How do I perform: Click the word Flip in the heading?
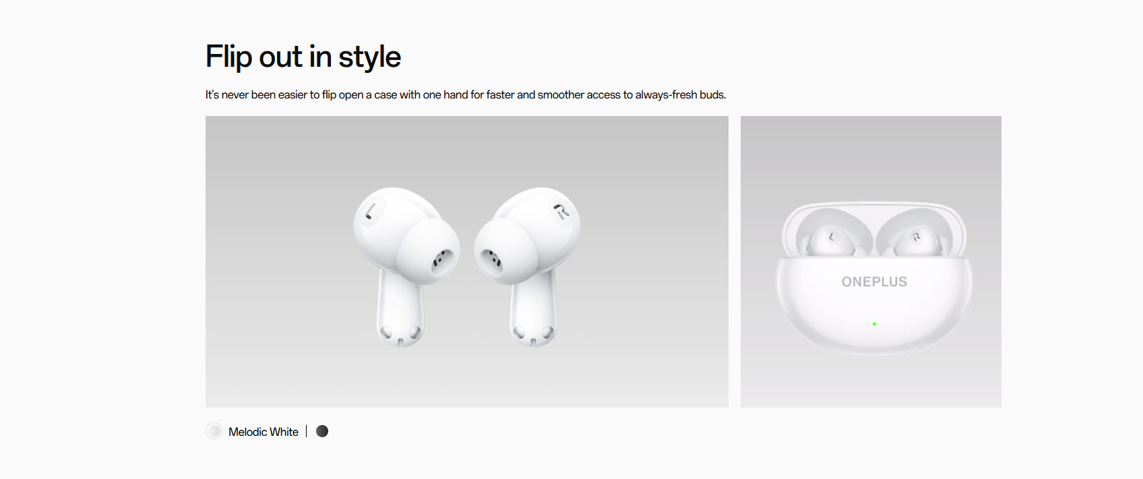[x=228, y=56]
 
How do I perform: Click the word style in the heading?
[x=369, y=56]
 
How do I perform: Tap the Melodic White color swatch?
[x=214, y=431]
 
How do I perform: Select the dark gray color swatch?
[x=322, y=432]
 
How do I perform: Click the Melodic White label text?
[x=264, y=432]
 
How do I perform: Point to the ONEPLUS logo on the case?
[x=874, y=282]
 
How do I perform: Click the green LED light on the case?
[x=875, y=324]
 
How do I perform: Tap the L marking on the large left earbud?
[x=371, y=211]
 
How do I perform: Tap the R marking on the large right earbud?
[x=562, y=211]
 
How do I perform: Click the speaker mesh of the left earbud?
[x=441, y=260]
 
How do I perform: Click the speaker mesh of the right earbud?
[x=493, y=260]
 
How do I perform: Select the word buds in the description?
[x=713, y=95]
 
